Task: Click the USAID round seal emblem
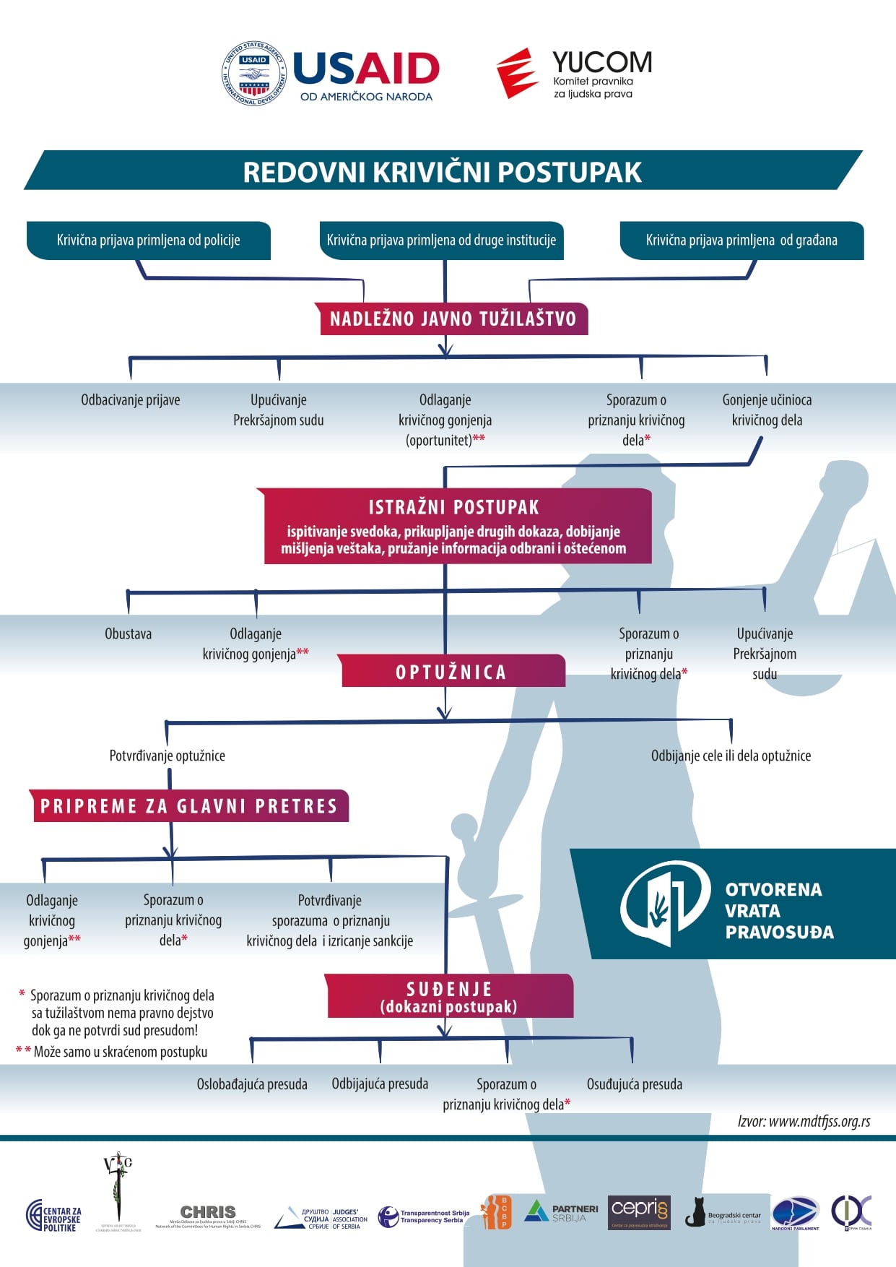pos(254,74)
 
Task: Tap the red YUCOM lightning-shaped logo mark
pos(517,73)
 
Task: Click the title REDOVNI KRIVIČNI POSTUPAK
pos(442,172)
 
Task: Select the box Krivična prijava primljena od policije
pos(148,241)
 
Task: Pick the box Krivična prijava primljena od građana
pos(741,241)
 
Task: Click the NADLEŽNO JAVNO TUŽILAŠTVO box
pos(453,319)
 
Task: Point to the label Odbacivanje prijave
pos(131,400)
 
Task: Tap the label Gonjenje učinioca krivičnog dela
pos(767,410)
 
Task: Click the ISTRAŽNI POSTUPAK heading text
pos(453,507)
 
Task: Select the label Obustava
pos(129,634)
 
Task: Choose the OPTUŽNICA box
pos(451,672)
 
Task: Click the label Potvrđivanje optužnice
pos(167,756)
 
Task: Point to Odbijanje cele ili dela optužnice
pos(731,756)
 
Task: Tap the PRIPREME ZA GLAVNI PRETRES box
pos(189,806)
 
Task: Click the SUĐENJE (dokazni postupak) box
pos(448,997)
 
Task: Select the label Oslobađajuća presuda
pos(252,1084)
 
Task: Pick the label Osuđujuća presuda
pos(634,1084)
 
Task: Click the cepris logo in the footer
pos(639,1211)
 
